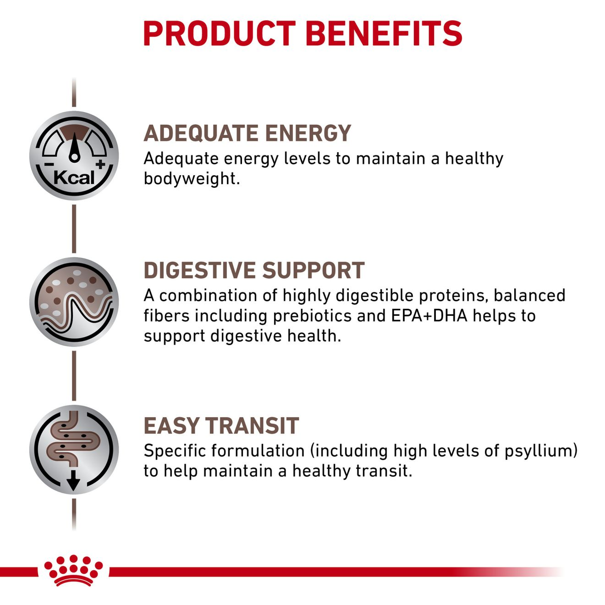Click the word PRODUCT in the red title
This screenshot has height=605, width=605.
click(x=219, y=33)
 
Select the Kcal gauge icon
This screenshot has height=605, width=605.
click(x=74, y=155)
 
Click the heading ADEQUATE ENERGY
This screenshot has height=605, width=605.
click(x=247, y=133)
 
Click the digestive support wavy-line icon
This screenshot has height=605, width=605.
click(x=74, y=302)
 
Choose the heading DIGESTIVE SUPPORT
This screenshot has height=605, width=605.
click(x=254, y=270)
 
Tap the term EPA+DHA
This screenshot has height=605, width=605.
click(x=429, y=315)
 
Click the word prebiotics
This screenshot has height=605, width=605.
click(x=312, y=316)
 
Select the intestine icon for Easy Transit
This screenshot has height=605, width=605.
click(x=74, y=450)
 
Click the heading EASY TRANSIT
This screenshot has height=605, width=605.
click(x=221, y=426)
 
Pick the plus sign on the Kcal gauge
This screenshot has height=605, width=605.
click(x=100, y=164)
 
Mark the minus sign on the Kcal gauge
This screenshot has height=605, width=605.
click(x=49, y=164)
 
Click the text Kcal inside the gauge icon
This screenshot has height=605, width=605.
click(x=74, y=178)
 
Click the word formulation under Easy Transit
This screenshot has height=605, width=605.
click(x=258, y=451)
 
